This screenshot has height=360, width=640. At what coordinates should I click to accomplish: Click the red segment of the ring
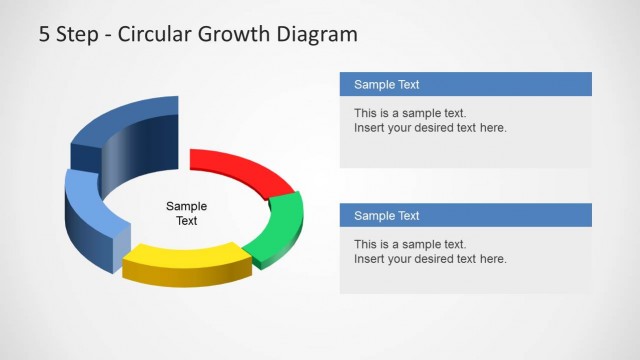click(x=240, y=168)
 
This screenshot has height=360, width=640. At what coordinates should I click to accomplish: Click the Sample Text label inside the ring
click(x=187, y=213)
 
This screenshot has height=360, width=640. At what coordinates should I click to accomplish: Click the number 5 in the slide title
click(x=45, y=35)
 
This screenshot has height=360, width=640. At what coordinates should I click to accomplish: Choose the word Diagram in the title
click(x=319, y=35)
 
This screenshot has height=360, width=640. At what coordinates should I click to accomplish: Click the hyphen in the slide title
click(x=108, y=36)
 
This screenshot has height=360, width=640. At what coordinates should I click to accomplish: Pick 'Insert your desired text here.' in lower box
click(x=430, y=260)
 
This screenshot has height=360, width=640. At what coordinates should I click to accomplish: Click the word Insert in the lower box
click(x=369, y=260)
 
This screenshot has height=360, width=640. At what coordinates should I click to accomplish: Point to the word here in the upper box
click(x=493, y=128)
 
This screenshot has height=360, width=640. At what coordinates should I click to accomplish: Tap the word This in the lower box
click(x=366, y=245)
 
